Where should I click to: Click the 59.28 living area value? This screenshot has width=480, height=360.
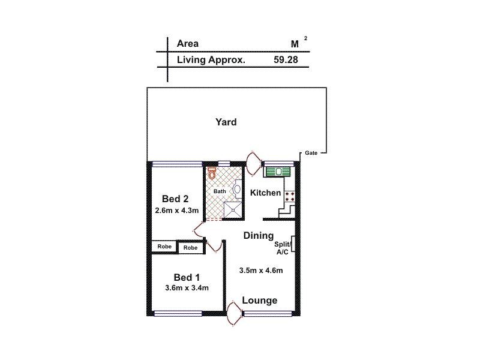tap(286, 60)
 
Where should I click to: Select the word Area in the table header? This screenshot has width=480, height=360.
tap(188, 43)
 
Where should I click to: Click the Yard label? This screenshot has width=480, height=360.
tap(226, 122)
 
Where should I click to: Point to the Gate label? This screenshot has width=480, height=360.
tap(311, 153)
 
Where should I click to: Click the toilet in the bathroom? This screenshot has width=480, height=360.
tap(212, 173)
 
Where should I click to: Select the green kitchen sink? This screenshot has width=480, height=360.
tap(277, 172)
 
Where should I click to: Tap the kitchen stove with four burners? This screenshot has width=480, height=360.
tap(290, 194)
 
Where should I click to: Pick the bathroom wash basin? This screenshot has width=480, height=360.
tap(237, 190)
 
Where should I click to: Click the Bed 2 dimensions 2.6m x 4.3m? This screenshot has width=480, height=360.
tap(176, 211)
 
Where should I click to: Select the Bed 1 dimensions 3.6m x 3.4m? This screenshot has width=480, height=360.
tap(187, 288)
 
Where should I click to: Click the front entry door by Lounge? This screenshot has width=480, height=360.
tap(233, 313)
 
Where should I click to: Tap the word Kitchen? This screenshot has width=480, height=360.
tap(265, 193)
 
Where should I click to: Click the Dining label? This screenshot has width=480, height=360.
tap(259, 236)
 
